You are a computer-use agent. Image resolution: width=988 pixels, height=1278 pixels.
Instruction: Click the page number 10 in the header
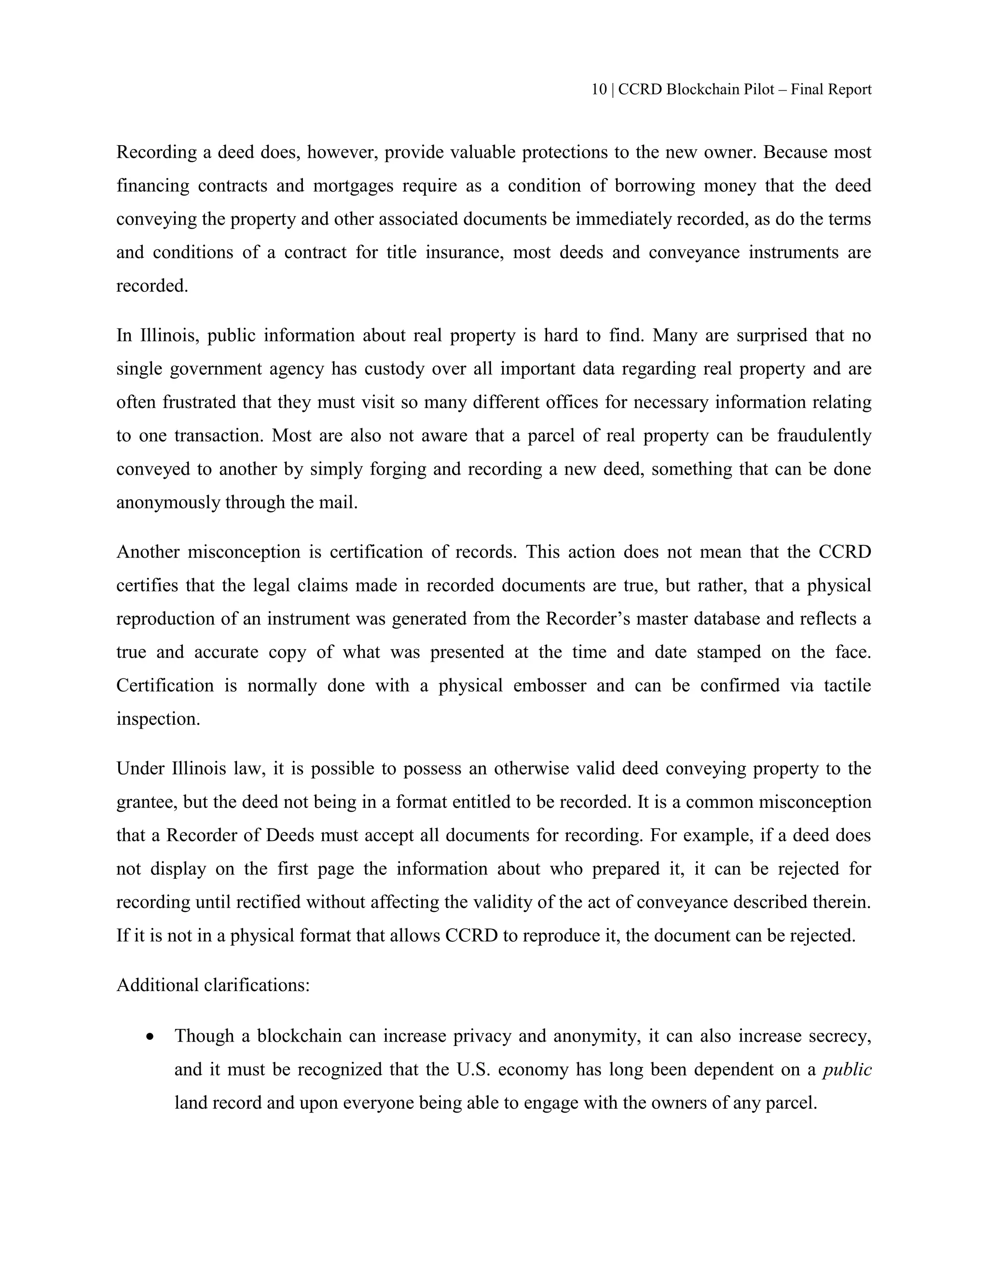[x=598, y=90]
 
